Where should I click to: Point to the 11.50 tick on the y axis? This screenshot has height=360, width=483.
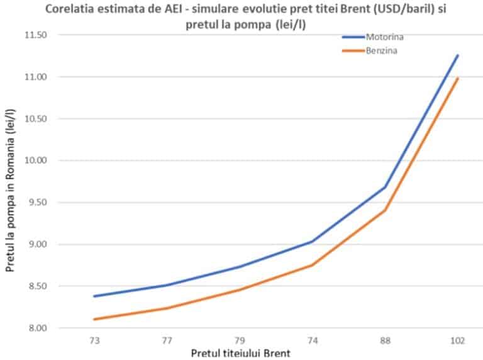pos(37,35)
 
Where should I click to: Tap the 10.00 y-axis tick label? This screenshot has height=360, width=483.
pos(37,160)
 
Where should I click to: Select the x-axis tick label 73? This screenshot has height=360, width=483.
pos(94,340)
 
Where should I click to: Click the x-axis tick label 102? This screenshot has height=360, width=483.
pos(457,340)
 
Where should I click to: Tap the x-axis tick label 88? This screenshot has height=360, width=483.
pos(385,340)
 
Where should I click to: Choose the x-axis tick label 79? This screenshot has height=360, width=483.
pos(240,340)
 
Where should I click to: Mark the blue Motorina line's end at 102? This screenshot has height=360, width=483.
pos(458,55)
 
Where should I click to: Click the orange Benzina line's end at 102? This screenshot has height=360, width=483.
pos(458,79)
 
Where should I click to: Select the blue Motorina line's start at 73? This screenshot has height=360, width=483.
pos(94,296)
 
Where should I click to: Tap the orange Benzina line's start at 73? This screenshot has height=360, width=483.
pos(94,319)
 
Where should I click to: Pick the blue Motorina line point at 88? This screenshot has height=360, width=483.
pos(385,187)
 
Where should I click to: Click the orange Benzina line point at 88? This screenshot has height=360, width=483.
pos(385,210)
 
